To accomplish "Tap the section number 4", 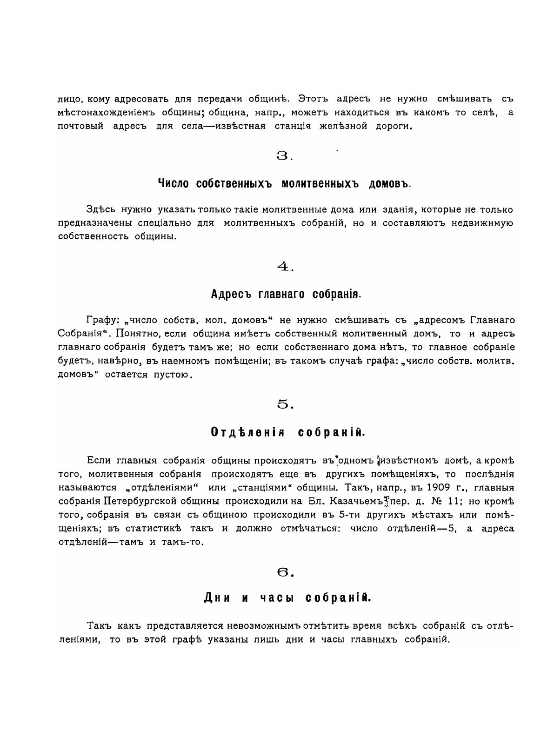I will [x=282, y=266].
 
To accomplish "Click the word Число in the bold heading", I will [x=173, y=183].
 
